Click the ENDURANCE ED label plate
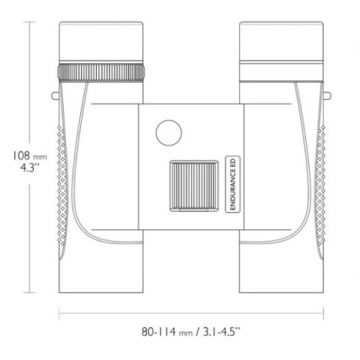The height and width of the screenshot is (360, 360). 232,184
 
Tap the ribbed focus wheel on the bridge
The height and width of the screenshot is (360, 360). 194,186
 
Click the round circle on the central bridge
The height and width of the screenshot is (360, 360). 169,133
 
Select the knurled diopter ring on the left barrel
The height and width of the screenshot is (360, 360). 101,72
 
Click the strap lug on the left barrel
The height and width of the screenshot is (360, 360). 55,95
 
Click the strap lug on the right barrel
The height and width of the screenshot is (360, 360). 327,95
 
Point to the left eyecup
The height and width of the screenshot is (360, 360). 101,41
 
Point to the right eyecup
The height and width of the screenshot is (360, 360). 281,41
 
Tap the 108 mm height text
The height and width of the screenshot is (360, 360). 30,156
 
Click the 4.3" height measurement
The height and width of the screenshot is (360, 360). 30,167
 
